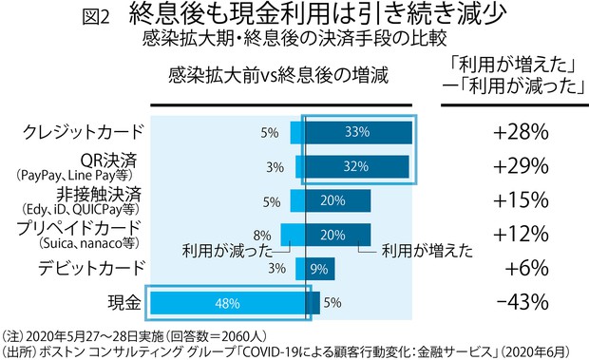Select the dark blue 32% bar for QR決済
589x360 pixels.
click(357, 166)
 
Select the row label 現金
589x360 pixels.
click(123, 302)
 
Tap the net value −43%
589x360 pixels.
click(521, 302)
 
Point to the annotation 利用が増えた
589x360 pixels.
click(427, 252)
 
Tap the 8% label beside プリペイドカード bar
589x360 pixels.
click(263, 235)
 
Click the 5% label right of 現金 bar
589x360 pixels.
click(332, 303)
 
